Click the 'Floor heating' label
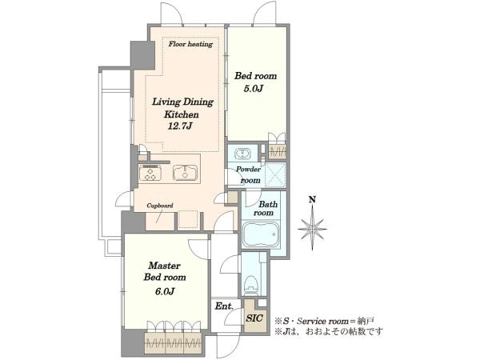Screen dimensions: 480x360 (190, 44)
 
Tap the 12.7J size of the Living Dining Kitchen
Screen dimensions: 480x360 (181, 126)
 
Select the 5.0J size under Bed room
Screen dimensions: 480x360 (254, 89)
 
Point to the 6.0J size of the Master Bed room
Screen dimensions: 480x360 (165, 291)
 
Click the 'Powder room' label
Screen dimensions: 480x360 (249, 174)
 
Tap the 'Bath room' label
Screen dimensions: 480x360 (264, 208)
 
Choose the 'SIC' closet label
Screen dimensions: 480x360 (254, 318)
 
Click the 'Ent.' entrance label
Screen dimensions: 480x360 (224, 306)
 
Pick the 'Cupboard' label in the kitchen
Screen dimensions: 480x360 (160, 206)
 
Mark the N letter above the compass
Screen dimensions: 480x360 (312, 199)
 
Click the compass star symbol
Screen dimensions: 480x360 (312, 228)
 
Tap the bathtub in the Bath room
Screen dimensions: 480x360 (261, 234)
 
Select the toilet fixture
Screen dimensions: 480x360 (252, 284)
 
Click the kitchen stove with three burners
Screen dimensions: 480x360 (150, 172)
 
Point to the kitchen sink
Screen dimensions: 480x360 (185, 173)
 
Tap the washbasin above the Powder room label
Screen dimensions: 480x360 (242, 153)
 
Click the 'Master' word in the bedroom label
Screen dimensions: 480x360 (164, 266)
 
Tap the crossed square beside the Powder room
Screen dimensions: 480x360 (275, 174)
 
